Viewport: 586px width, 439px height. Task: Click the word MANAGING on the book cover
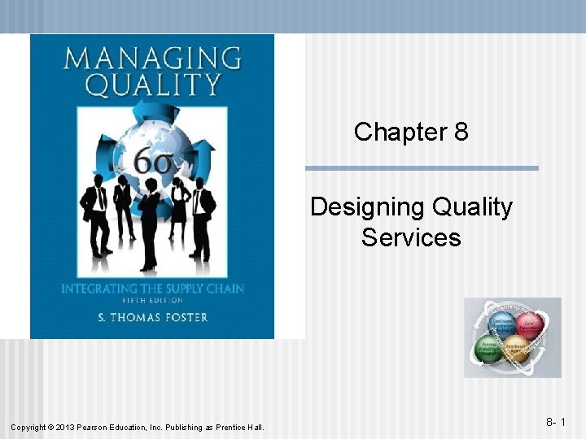152,59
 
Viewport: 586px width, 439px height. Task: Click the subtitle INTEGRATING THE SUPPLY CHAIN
151,288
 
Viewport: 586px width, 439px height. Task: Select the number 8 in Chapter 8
461,132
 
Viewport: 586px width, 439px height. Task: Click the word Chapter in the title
400,132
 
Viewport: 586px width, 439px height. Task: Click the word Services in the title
411,237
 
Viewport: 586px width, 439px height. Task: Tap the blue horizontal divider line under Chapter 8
422,168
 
